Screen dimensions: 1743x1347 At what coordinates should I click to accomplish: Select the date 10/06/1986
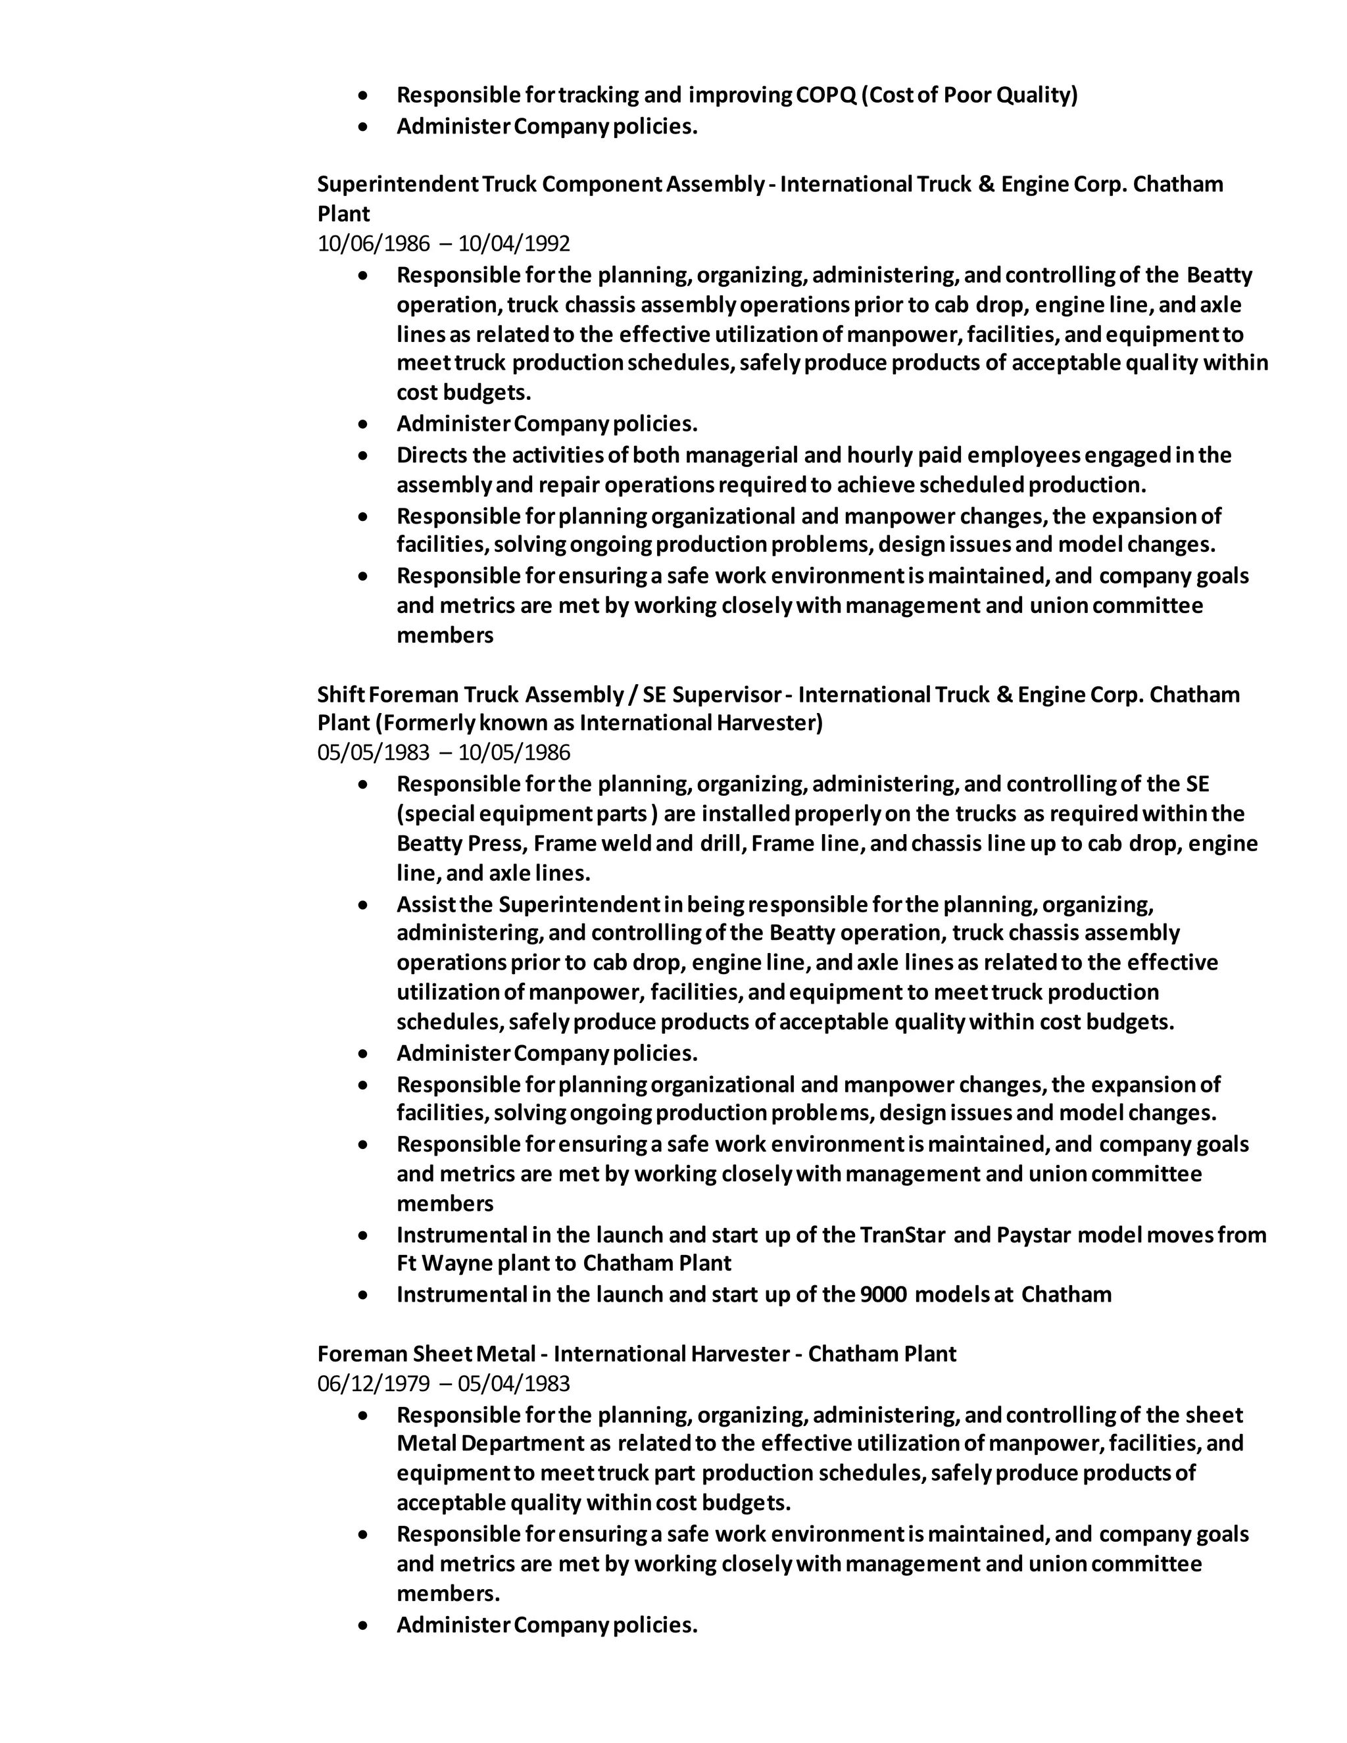tap(373, 243)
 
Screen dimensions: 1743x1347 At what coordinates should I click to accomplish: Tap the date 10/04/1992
tap(514, 243)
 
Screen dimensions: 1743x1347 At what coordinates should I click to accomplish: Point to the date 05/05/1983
tap(373, 752)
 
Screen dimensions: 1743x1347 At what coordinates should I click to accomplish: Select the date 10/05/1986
tap(514, 752)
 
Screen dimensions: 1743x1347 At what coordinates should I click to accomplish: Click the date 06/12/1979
tap(373, 1383)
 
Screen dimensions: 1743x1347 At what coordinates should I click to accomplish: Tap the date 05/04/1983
tap(514, 1383)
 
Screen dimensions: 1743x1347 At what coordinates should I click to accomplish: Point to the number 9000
tap(884, 1294)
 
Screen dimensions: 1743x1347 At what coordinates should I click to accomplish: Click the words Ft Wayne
tap(445, 1264)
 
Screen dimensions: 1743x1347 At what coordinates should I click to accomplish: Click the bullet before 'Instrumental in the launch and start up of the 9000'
tap(364, 1294)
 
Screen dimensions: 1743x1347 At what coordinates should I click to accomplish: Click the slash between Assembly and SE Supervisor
tap(633, 695)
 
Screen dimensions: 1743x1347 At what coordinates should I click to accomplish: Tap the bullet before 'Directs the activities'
tap(364, 456)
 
